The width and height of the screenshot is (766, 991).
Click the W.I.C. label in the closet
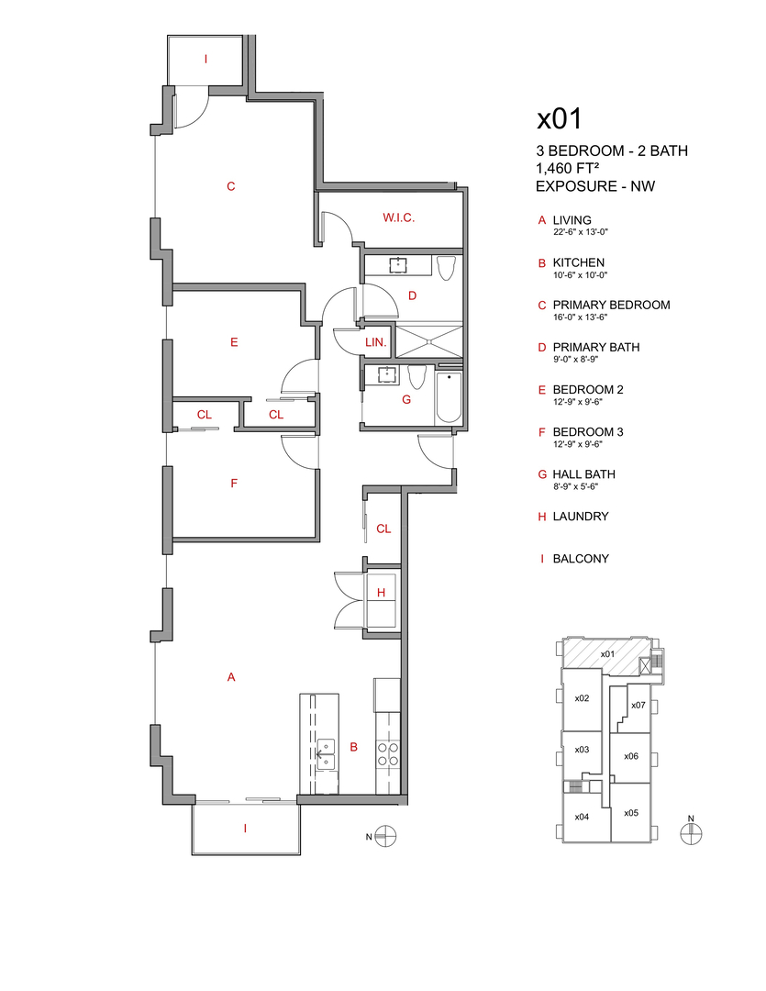pos(399,217)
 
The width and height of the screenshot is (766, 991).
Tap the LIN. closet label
pos(376,342)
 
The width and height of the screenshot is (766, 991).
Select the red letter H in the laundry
pos(381,593)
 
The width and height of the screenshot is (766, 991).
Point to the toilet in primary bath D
pos(447,268)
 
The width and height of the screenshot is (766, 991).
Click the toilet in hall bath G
pos(417,378)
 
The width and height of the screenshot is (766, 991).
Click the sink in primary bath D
pos(398,266)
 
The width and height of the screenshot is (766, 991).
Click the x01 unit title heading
pos(560,118)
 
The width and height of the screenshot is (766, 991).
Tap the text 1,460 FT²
pos(574,169)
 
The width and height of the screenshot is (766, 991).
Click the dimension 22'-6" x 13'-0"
pos(581,233)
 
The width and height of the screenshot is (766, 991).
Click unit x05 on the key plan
pos(630,813)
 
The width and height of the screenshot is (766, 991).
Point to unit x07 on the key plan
pos(639,705)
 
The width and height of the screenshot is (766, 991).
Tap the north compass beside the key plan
pos(691,831)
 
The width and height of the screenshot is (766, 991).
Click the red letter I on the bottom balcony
pos(245,828)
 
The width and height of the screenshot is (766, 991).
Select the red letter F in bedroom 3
pos(234,482)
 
